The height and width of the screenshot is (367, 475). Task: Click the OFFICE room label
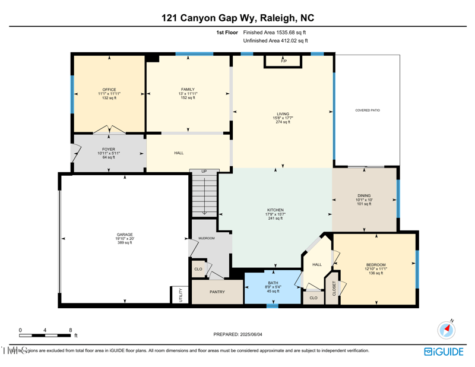click(109, 90)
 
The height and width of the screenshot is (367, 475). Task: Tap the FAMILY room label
click(188, 90)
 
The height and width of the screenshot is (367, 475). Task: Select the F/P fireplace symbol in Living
click(284, 61)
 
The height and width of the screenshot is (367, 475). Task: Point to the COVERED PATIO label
click(368, 110)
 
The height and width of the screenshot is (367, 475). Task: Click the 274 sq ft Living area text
click(283, 122)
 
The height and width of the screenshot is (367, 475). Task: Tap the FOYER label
click(109, 149)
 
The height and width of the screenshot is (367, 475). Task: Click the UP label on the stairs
click(204, 172)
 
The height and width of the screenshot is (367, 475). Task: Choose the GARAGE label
click(125, 235)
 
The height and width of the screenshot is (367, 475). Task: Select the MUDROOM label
click(206, 238)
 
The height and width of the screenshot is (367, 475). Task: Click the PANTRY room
click(217, 292)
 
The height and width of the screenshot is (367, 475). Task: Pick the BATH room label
click(273, 283)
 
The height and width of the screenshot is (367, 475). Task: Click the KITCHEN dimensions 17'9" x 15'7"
click(275, 214)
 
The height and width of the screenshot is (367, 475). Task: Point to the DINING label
click(364, 195)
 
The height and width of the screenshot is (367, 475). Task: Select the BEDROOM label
click(376, 265)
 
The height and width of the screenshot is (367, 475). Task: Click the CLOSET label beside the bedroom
click(334, 288)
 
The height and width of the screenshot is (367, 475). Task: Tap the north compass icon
click(446, 330)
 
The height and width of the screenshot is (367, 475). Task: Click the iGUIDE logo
click(444, 352)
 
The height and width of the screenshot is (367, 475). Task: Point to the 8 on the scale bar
click(71, 330)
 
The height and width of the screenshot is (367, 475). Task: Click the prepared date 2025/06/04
click(237, 334)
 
